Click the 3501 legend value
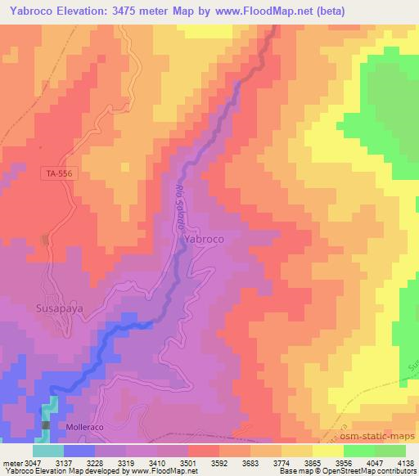pos(189,462)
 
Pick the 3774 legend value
pos(281,462)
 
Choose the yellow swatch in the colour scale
pos(328,451)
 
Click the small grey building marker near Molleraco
pos(47,427)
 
